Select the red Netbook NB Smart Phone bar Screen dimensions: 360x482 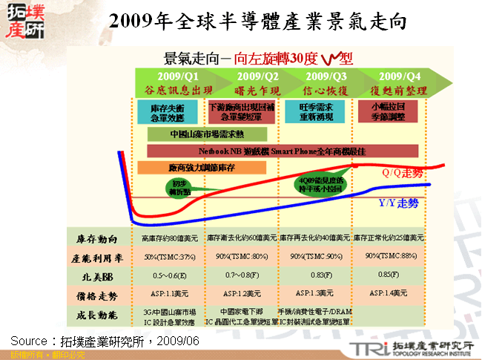click(282, 151)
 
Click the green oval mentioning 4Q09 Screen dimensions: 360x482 click(321, 183)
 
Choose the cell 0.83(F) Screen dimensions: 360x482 click(317, 275)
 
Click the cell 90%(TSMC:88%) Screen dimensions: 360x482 click(389, 257)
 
